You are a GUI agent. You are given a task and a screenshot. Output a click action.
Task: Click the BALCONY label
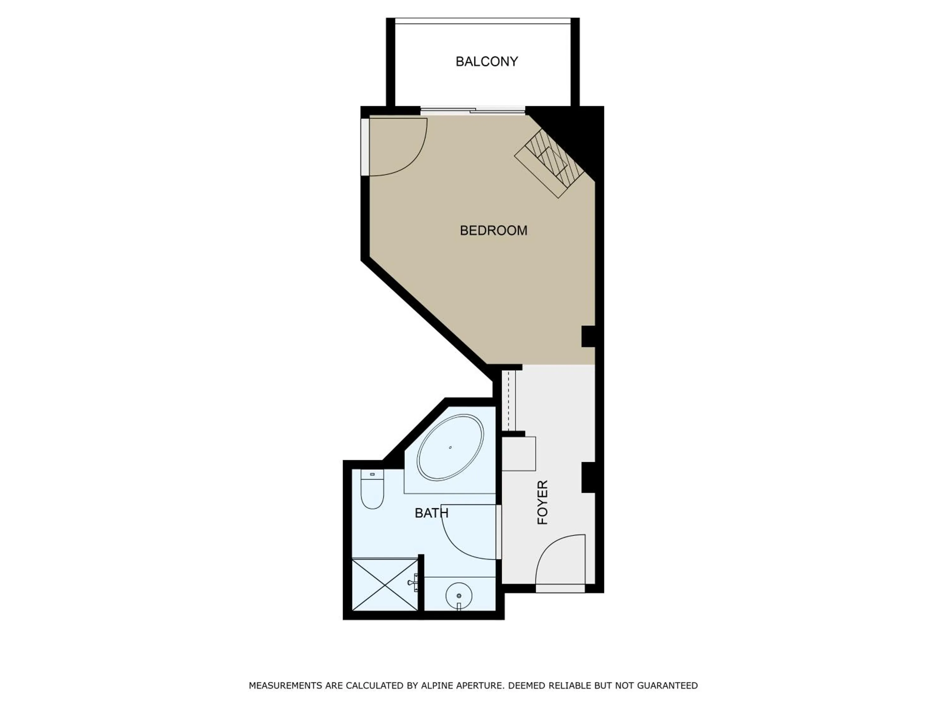[486, 62]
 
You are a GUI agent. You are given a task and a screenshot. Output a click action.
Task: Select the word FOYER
[542, 502]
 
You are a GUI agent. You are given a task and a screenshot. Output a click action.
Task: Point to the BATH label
[431, 513]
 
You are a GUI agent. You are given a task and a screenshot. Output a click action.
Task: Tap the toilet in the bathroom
[372, 490]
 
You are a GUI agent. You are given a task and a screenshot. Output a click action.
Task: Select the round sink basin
[459, 596]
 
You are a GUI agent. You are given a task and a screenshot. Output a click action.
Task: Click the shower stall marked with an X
[384, 585]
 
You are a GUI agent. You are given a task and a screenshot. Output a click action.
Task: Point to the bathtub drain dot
[450, 448]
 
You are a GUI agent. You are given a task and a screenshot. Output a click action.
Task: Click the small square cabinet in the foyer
[518, 454]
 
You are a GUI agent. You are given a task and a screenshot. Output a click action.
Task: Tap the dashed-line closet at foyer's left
[508, 400]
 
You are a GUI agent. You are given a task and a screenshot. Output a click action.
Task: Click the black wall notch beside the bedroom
[587, 336]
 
